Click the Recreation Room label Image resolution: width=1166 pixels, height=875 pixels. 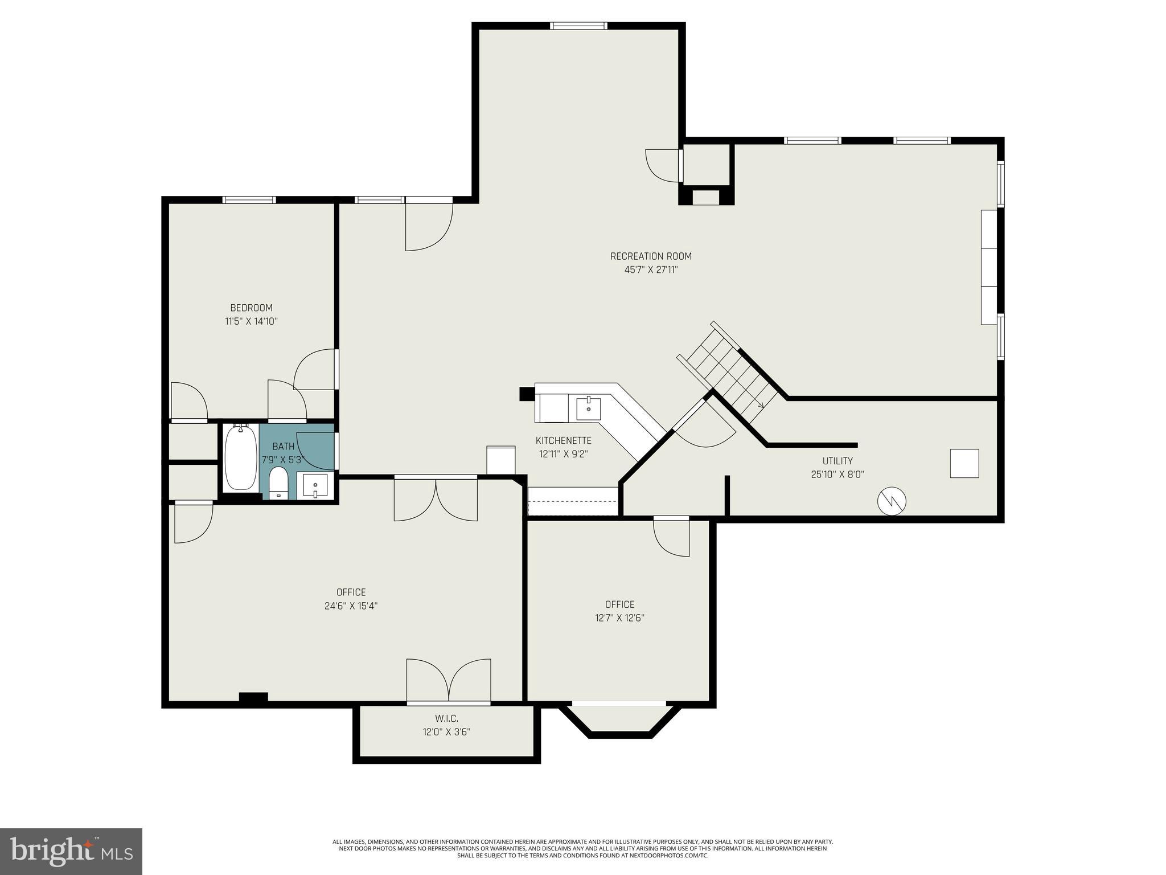pos(651,256)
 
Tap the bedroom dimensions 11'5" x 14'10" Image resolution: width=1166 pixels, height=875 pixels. pos(251,321)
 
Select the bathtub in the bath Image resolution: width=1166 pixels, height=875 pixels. pos(240,458)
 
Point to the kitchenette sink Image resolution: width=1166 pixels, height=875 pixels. pos(588,408)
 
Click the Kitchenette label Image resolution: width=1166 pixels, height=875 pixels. pos(563,440)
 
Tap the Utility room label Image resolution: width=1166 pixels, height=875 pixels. pos(837,461)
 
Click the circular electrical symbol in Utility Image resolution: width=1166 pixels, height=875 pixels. pos(892,501)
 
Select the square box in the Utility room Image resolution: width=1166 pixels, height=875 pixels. pos(964,463)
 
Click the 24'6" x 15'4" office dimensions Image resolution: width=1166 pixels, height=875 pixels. pos(351,606)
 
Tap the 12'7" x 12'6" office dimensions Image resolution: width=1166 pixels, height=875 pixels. pos(619,618)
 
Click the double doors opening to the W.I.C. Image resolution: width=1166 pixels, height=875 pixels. pos(449,681)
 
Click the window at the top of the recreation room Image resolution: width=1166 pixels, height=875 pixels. pos(578,26)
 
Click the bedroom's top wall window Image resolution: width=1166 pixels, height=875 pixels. pos(249,200)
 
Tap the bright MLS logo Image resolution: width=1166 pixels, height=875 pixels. pos(71,851)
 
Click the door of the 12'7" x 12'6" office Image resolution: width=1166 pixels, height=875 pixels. pos(672,537)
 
